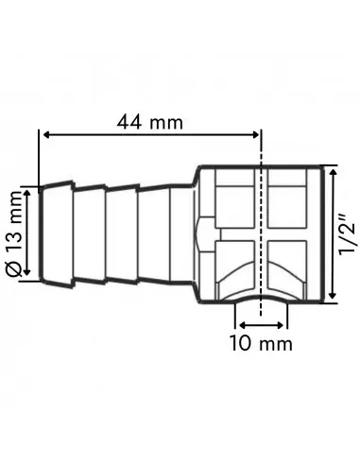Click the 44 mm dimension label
(x=149, y=123)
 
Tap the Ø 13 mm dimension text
(x=15, y=232)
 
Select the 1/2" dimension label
(x=348, y=232)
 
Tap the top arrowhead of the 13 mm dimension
(x=29, y=188)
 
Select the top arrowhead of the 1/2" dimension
(x=332, y=167)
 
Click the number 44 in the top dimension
(x=132, y=123)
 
